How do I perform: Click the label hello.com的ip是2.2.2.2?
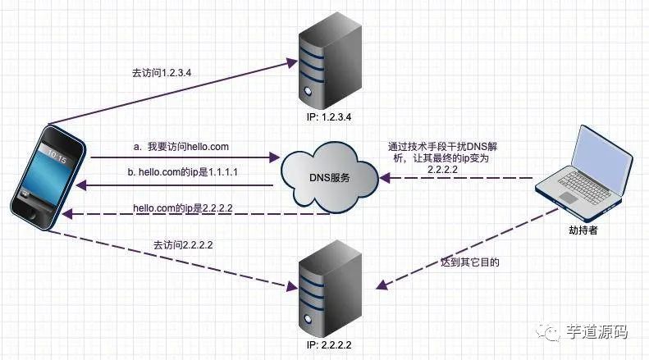[x=183, y=207]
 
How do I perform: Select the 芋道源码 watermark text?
[x=597, y=332]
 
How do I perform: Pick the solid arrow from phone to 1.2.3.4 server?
[x=164, y=90]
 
